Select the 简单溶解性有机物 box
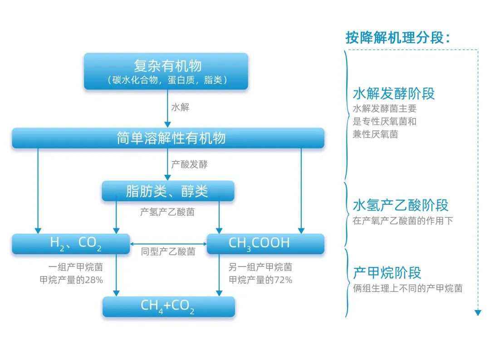pyautogui.click(x=168, y=138)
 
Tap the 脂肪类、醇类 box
pyautogui.click(x=168, y=191)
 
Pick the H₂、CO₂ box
pyautogui.click(x=71, y=244)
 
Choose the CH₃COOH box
pyautogui.click(x=265, y=244)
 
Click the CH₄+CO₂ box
pyautogui.click(x=168, y=306)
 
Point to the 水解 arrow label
pyautogui.click(x=180, y=108)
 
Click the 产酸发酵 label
pyautogui.click(x=189, y=164)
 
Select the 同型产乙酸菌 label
pyautogui.click(x=168, y=251)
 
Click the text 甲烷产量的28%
pyautogui.click(x=71, y=280)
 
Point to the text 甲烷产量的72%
pyautogui.click(x=260, y=280)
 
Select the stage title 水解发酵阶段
pyautogui.click(x=393, y=94)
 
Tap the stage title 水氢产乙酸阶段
pyautogui.click(x=400, y=205)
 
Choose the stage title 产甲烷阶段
pyautogui.click(x=387, y=273)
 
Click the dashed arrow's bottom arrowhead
pyautogui.click(x=477, y=312)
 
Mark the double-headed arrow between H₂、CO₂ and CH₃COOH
pyautogui.click(x=168, y=244)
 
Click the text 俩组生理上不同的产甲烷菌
pyautogui.click(x=407, y=288)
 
